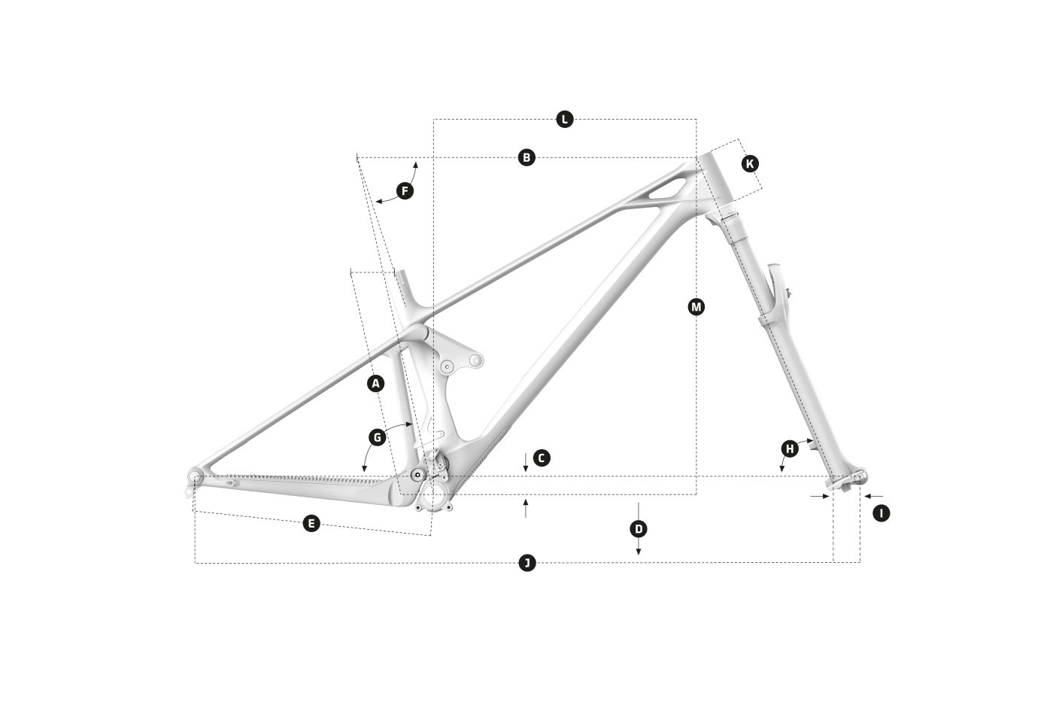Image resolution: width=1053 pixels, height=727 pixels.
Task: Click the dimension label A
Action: pyautogui.click(x=375, y=384)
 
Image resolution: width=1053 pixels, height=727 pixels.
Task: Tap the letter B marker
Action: pyautogui.click(x=526, y=157)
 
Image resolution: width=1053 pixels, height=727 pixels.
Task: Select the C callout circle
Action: pyautogui.click(x=542, y=458)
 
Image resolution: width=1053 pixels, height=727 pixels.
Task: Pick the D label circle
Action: pyautogui.click(x=639, y=530)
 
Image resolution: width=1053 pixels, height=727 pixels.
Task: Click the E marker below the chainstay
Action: pyautogui.click(x=311, y=523)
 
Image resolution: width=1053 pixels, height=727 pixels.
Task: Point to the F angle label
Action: pyautogui.click(x=405, y=191)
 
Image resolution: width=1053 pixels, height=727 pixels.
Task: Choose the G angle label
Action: pyautogui.click(x=377, y=438)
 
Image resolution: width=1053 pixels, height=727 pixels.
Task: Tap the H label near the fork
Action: pyautogui.click(x=790, y=449)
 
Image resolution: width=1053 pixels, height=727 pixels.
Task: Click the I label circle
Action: pyautogui.click(x=882, y=513)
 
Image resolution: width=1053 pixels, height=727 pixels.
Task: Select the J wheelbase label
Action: pyautogui.click(x=527, y=563)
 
